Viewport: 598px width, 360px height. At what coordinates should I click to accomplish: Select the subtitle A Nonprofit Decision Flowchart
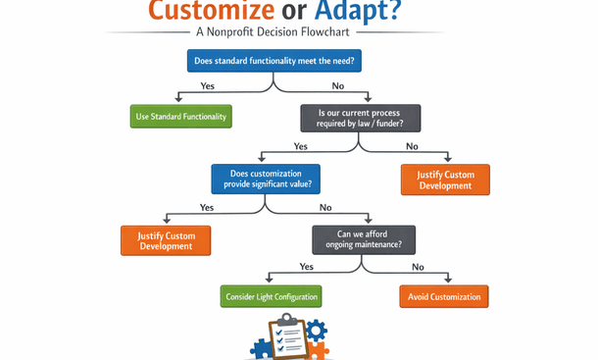pos(274,31)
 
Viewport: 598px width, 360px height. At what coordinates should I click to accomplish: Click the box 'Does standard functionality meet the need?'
pos(274,61)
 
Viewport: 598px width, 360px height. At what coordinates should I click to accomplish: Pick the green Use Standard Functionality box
pos(181,117)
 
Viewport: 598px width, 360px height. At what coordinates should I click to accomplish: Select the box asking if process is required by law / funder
pos(360,119)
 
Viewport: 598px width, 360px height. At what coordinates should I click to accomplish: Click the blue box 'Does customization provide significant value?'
pos(267,179)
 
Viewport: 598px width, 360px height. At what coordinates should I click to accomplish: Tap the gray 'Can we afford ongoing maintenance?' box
pos(364,239)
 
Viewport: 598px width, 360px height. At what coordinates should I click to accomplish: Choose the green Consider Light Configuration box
pos(271,296)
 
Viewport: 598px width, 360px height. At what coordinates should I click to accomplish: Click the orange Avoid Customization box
pos(443,296)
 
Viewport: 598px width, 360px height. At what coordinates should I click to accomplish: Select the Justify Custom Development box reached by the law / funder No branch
pos(445,180)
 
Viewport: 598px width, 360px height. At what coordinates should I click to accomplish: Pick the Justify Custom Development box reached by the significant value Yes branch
pos(166,240)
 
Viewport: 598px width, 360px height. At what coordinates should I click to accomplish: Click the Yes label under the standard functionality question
pos(208,86)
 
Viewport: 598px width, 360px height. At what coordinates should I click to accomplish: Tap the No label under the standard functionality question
pos(338,86)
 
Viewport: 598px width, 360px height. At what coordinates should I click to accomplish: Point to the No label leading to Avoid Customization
pos(418,267)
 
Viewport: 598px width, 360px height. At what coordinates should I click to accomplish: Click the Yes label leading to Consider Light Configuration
pos(307,267)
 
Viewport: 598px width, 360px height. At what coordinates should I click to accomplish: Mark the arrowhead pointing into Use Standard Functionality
pos(178,99)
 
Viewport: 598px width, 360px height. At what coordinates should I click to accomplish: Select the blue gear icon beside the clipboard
pos(316,332)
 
